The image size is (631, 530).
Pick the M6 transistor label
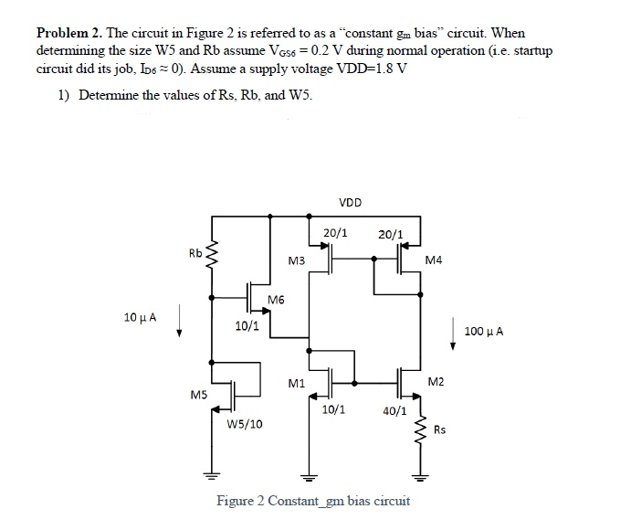276,302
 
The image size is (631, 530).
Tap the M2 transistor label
436,380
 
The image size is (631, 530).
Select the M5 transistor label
197,396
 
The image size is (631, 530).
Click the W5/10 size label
245,424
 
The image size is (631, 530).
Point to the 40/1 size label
395,411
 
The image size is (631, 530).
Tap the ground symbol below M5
213,476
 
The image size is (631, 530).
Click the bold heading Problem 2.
67,33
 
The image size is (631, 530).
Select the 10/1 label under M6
247,325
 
